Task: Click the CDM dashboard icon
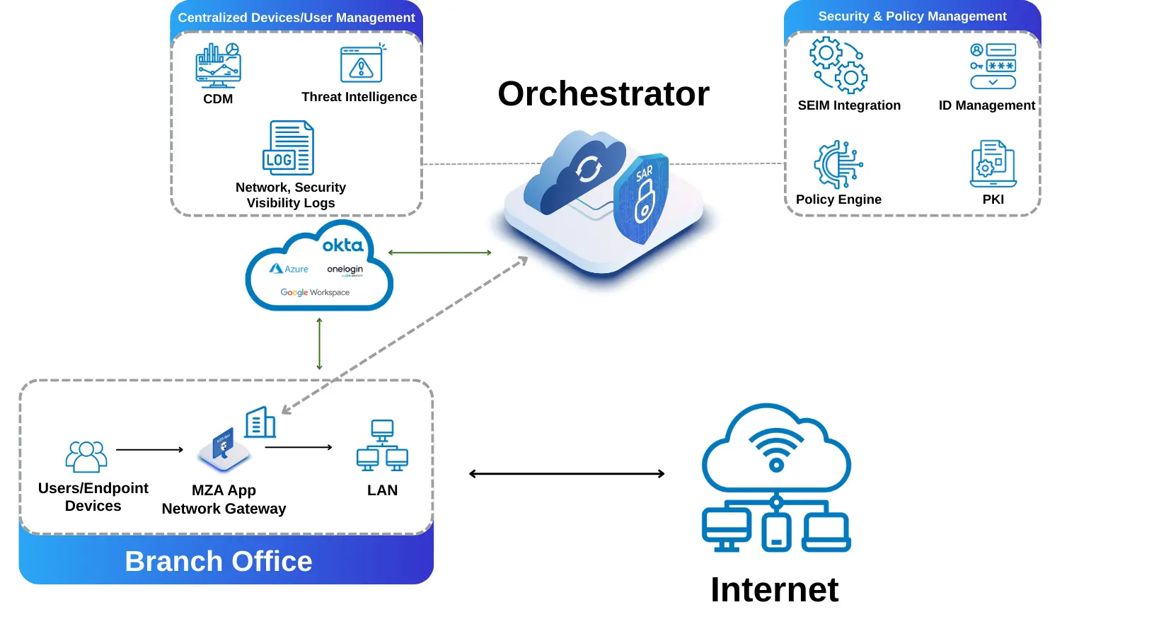coord(218,65)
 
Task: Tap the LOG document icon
coord(288,148)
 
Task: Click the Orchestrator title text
coord(603,93)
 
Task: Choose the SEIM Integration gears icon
coord(838,67)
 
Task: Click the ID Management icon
coord(993,66)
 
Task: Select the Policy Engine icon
coord(838,164)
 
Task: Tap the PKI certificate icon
coord(993,163)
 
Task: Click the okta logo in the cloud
coord(342,245)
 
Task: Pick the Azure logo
coord(289,269)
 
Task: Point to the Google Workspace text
coord(315,292)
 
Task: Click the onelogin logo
coord(345,270)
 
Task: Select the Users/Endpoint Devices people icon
coord(86,456)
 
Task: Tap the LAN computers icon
coord(382,446)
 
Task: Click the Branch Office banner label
coord(219,561)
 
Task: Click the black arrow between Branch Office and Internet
coord(567,474)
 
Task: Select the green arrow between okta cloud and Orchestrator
coord(439,253)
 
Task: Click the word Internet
coord(774,589)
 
